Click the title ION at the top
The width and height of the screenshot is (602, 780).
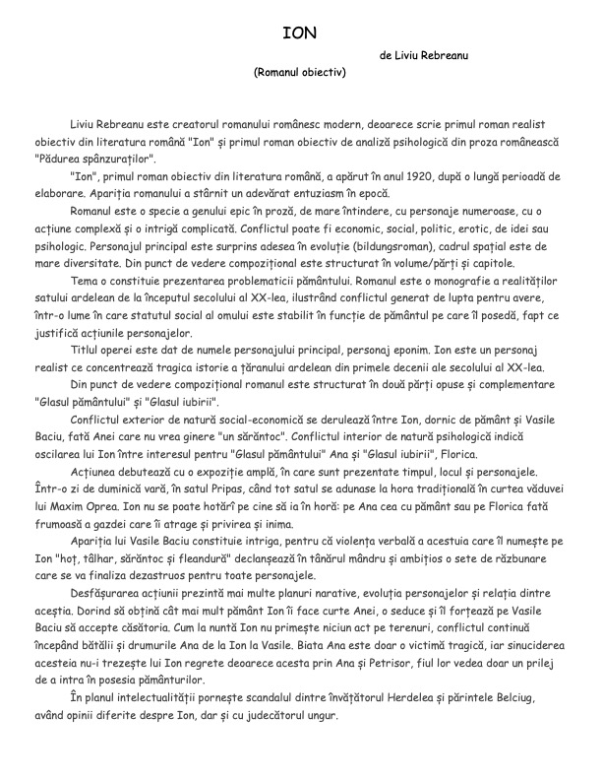tap(299, 32)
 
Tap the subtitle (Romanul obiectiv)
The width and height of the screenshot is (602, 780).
tap(300, 72)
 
